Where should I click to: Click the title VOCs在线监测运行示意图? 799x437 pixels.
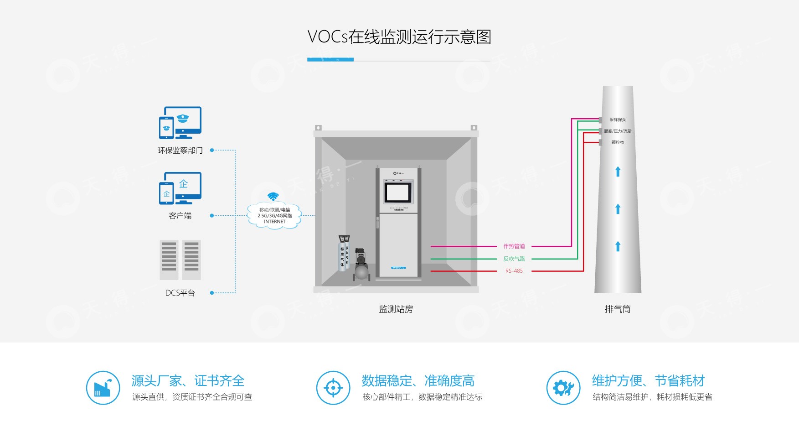pos(399,37)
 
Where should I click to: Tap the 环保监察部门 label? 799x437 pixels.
pos(180,151)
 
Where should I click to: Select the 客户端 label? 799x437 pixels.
pos(180,216)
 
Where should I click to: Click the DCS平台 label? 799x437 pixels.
pos(180,293)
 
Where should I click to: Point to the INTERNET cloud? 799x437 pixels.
pos(274,216)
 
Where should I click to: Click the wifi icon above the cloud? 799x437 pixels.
pos(273,196)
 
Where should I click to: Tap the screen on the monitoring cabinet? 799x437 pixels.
pos(397,192)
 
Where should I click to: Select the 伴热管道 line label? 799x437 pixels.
pos(514,246)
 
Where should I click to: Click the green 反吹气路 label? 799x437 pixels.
pos(514,259)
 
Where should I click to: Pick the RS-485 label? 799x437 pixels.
pos(514,271)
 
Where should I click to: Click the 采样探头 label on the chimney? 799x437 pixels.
pos(618,120)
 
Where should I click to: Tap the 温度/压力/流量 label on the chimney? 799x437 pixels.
pos(618,131)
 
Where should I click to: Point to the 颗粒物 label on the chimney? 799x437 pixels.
pos(618,142)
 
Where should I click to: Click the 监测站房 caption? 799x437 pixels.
pos(396,309)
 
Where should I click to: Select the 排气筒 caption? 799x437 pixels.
pos(618,309)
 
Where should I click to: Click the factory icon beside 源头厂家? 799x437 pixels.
pos(103,388)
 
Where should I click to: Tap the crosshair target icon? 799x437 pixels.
pos(333,388)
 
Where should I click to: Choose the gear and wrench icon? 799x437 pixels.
pos(563,388)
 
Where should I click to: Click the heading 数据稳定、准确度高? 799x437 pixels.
pos(418,380)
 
